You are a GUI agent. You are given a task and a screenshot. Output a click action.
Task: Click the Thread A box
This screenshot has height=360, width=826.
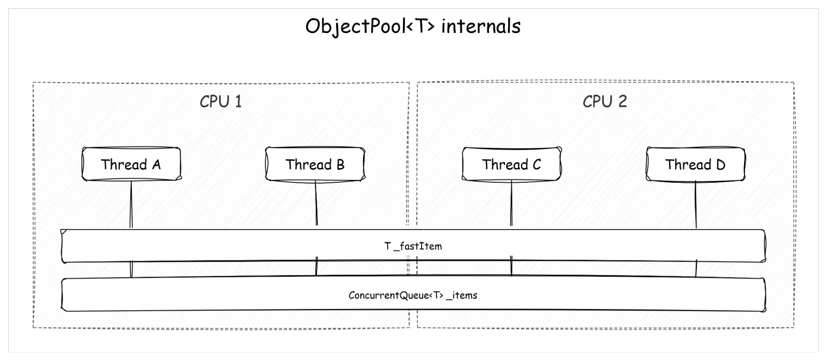pos(131,164)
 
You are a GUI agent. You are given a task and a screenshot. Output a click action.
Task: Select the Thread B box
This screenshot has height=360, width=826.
pos(315,164)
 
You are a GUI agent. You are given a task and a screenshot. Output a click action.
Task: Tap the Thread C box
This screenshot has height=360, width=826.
pos(511,164)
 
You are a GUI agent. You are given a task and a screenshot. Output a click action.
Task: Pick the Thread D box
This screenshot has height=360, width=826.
pos(695,164)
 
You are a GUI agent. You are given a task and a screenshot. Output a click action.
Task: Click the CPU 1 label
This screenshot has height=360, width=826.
pos(221,102)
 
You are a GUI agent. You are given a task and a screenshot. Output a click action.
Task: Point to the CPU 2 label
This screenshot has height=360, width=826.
pos(605,102)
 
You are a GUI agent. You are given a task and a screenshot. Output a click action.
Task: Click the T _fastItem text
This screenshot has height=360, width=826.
pos(413,246)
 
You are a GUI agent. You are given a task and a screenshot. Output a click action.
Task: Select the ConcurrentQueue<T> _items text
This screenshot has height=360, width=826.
pos(413,295)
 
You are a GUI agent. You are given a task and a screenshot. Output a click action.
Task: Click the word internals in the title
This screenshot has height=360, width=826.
pos(481,26)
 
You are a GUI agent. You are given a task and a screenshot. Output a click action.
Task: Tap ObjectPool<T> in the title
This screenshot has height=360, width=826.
pos(370,26)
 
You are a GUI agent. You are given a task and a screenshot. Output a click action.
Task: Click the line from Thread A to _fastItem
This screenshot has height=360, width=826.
pos(131,205)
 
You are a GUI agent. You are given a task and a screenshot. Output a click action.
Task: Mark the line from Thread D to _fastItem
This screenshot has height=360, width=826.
pos(696,205)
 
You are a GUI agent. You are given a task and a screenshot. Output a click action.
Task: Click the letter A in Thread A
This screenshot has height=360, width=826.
pos(156,165)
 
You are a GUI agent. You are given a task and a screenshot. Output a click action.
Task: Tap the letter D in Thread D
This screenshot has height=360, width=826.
pos(721,165)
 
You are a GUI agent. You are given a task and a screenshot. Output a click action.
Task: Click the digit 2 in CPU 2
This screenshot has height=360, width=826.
pos(622,102)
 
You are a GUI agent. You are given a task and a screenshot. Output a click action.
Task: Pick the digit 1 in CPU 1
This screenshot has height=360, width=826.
pos(238,102)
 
